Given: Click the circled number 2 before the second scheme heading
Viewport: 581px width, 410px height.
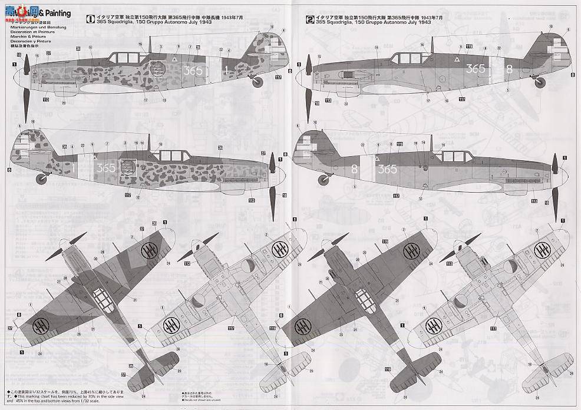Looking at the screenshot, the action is click(x=310, y=18).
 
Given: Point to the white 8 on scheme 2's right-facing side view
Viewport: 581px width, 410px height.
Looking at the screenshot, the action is click(x=354, y=168).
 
